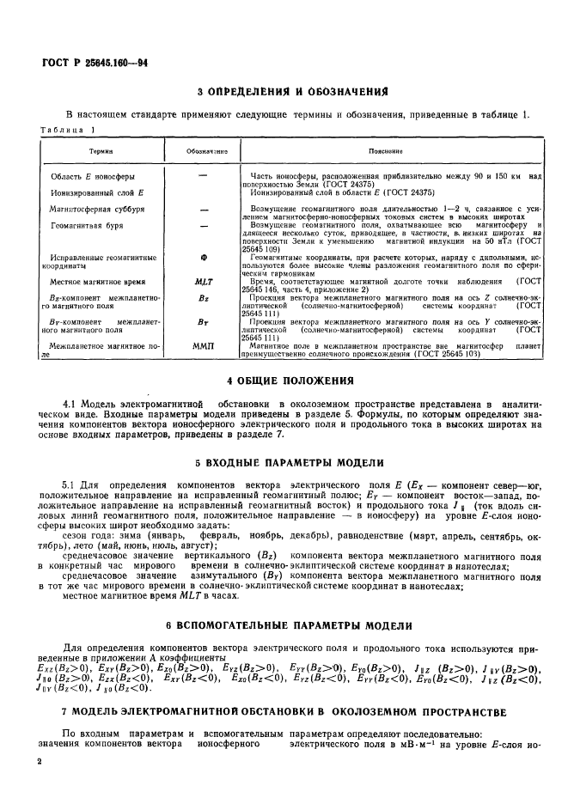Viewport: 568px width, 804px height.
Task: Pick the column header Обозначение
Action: (x=204, y=150)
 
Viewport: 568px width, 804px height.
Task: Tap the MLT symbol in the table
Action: (x=204, y=281)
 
